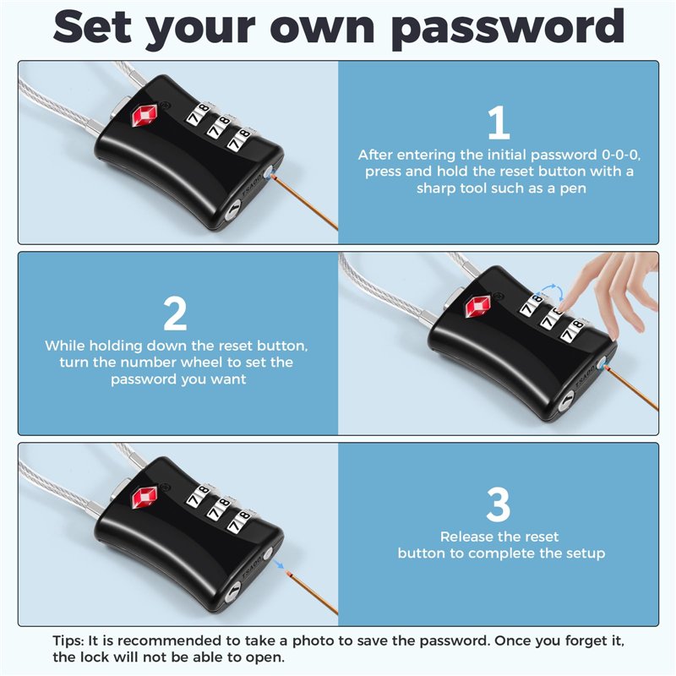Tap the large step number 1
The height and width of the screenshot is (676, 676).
[x=499, y=123]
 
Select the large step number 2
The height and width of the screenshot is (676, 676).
[x=175, y=313]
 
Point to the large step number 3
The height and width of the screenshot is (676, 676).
[x=499, y=504]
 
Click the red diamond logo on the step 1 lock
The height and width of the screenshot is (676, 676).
[x=144, y=115]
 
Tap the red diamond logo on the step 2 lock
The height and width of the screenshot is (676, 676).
[x=477, y=307]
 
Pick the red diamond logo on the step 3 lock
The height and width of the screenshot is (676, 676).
[x=144, y=498]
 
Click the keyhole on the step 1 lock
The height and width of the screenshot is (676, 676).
[x=233, y=212]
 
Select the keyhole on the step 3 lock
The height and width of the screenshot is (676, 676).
[x=233, y=594]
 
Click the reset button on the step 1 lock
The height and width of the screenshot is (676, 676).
[x=269, y=173]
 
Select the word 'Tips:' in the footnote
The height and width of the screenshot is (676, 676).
[x=68, y=641]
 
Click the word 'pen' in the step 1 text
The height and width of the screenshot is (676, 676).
[x=573, y=189]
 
